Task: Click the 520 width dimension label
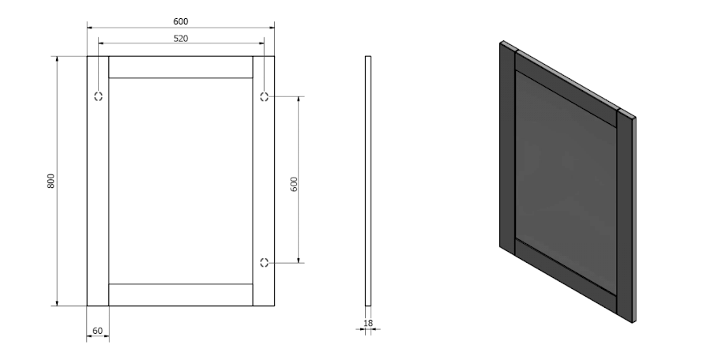180,39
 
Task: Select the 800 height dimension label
51,181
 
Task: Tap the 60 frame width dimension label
97,331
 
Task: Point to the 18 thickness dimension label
367,323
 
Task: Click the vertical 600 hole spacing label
294,184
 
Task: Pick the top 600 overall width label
180,21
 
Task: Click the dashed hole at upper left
98,96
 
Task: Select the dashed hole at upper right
264,96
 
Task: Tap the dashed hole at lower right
264,262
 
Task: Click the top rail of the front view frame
180,67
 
